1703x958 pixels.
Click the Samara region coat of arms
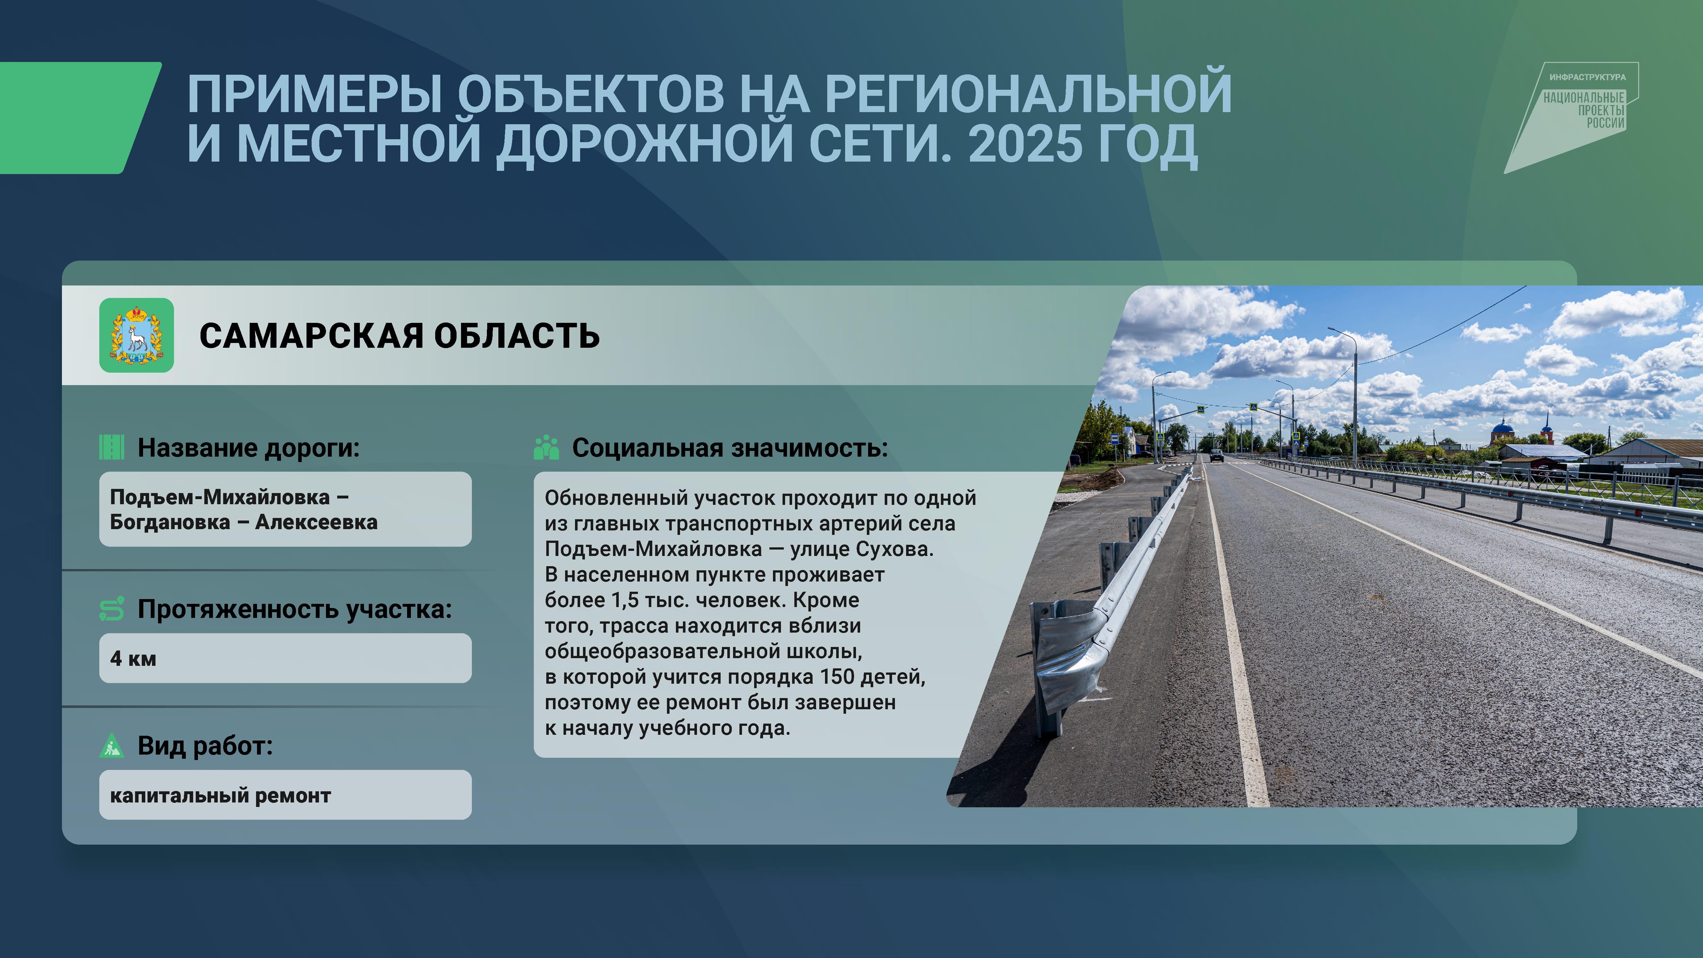[136, 335]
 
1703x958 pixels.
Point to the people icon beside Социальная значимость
[546, 448]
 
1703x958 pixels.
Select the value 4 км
[133, 658]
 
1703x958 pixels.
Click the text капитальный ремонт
[220, 795]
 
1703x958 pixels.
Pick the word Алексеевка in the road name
[316, 522]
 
